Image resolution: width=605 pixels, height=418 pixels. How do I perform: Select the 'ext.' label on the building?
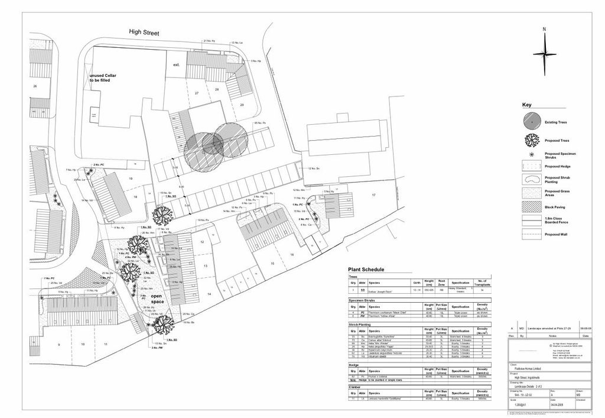[x=176, y=64]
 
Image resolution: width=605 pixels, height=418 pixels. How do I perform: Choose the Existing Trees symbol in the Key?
[x=531, y=121]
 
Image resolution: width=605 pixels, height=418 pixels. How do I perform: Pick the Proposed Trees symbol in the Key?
[x=531, y=141]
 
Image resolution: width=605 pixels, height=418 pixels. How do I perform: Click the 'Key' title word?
[x=526, y=105]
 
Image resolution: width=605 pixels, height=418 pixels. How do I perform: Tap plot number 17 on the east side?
[x=373, y=195]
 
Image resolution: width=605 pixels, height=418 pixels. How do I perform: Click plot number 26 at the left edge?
[x=35, y=86]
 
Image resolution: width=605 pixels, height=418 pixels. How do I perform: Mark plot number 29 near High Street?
[x=241, y=104]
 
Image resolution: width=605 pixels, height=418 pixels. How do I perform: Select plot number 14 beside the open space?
[x=209, y=294]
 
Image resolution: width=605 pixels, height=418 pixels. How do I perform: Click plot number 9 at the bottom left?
[x=58, y=344]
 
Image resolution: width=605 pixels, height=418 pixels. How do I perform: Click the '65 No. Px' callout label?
[x=260, y=123]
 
